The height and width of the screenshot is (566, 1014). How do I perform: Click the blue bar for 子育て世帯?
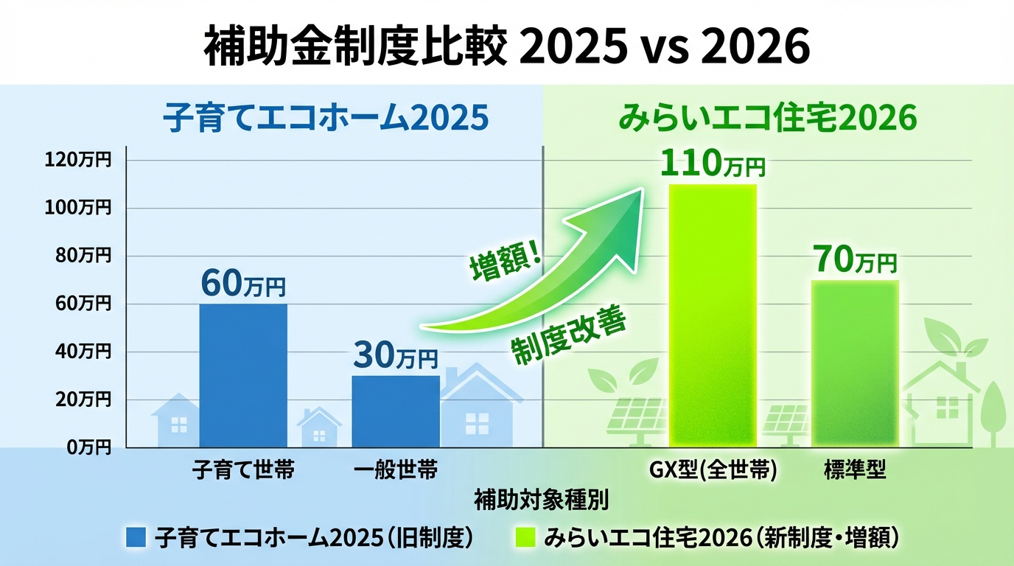[x=243, y=375]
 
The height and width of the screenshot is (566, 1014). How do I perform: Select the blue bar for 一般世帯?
[x=396, y=411]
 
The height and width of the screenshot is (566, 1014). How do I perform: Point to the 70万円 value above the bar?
[x=855, y=261]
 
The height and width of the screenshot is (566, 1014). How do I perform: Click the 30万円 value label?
[x=396, y=357]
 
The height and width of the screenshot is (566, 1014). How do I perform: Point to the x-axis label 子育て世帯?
[x=243, y=470]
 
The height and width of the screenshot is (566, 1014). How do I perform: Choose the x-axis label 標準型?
[x=855, y=470]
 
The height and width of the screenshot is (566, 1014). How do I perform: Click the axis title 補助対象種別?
[x=541, y=502]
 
